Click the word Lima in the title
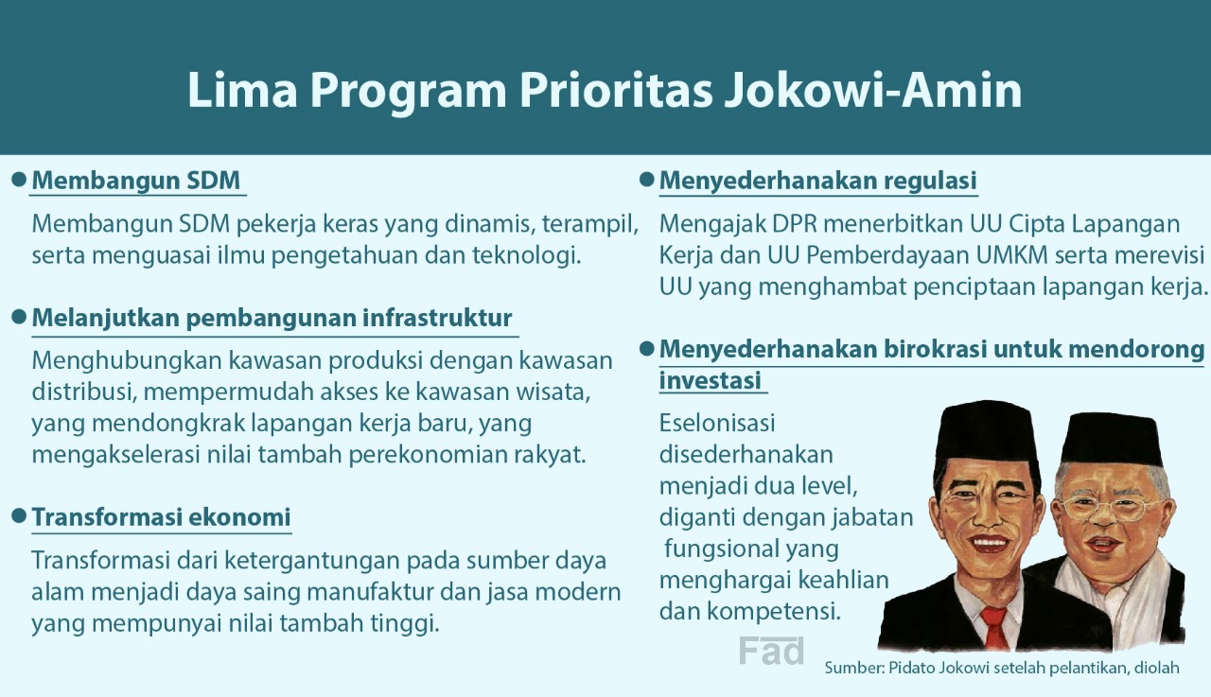242,90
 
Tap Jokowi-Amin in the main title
873,90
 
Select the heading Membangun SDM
135,181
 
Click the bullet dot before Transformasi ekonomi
18,515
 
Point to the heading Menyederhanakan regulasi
818,181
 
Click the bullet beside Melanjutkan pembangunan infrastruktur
18,317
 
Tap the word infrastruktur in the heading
437,317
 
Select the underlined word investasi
710,380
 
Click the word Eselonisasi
717,423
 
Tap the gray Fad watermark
771,651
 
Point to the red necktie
994,628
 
